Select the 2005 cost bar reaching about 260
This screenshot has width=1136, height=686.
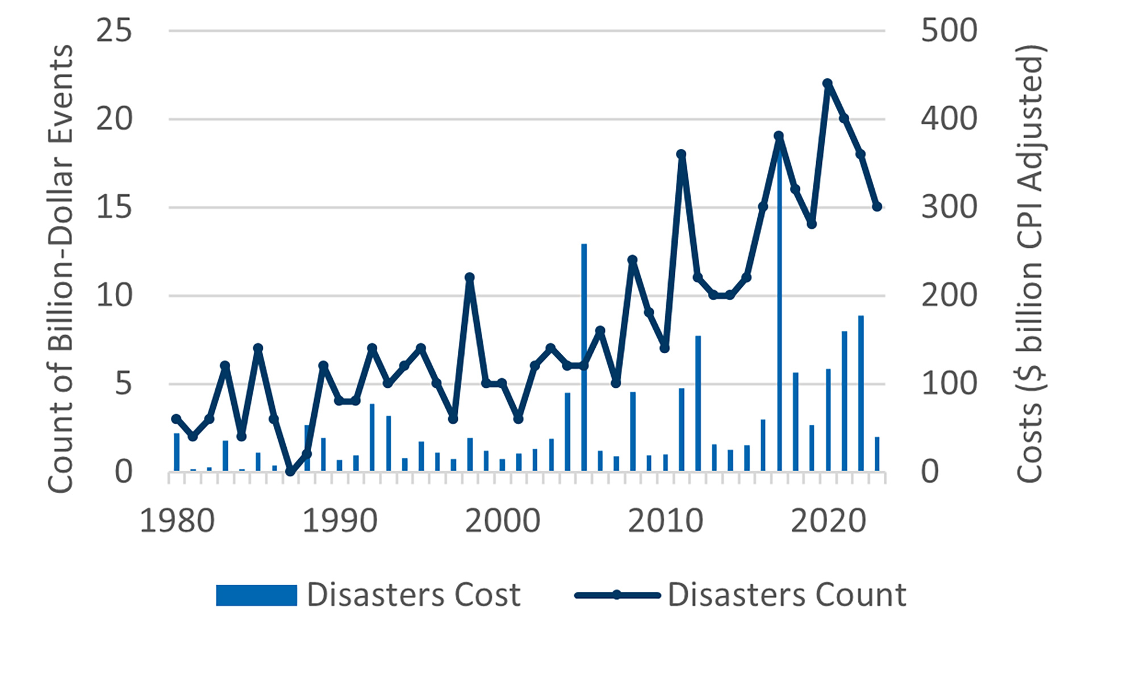point(584,358)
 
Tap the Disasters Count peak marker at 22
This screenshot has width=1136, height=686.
point(828,84)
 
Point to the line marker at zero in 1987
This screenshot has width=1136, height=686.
point(290,471)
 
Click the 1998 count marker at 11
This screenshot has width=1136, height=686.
point(470,278)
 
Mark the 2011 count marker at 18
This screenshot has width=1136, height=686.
point(682,154)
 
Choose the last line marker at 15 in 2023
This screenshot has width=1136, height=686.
point(877,207)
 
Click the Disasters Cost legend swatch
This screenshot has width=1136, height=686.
point(256,595)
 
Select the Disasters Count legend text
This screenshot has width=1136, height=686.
point(787,595)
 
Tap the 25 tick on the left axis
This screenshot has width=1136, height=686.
point(114,31)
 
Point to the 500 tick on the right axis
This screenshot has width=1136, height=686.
point(949,31)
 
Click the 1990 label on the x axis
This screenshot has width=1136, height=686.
point(340,521)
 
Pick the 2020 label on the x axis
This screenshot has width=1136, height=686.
point(828,521)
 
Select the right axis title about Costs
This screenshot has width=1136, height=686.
point(1029,264)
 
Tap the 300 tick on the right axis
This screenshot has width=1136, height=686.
point(949,207)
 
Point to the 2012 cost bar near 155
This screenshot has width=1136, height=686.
point(698,403)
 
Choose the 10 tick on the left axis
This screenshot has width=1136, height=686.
point(114,296)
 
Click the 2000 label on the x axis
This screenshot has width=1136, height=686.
point(503,521)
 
